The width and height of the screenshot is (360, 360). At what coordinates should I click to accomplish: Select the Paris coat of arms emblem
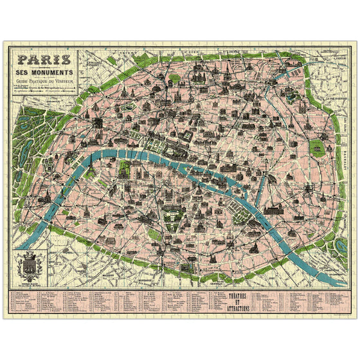click(x=30, y=264)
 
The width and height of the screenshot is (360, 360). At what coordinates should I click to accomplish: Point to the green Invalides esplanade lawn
click(x=126, y=168)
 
